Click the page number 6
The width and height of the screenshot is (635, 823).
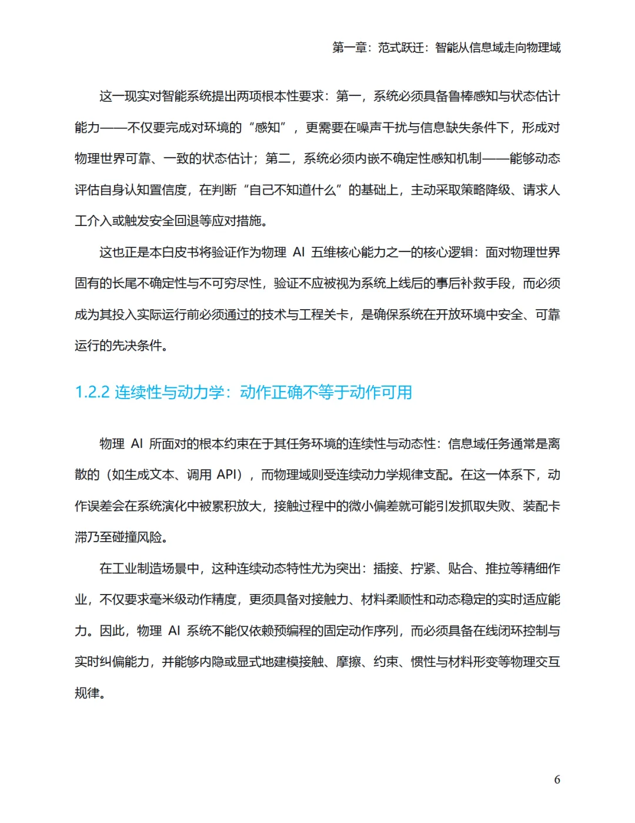(x=557, y=779)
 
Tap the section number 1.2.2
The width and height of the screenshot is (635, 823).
(x=92, y=392)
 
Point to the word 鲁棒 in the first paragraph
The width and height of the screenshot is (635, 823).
(x=460, y=96)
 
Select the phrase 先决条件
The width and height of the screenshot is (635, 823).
(x=136, y=346)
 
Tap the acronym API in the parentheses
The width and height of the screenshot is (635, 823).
(x=226, y=474)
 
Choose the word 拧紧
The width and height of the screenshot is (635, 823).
(x=423, y=568)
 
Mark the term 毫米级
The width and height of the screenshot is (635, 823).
(x=175, y=599)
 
